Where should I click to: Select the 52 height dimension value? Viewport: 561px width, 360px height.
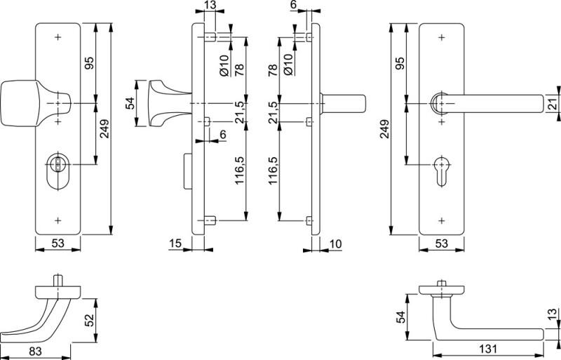[x=90, y=320]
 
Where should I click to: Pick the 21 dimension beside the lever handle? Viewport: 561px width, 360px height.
[x=551, y=105]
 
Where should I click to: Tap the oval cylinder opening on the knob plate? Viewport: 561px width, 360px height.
[x=58, y=169]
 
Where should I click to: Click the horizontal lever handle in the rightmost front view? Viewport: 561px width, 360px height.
[x=491, y=103]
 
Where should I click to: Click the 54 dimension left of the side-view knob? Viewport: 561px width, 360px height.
[x=129, y=104]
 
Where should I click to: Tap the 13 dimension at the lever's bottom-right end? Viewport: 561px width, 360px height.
[x=552, y=313]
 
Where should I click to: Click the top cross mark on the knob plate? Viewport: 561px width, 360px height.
[x=59, y=36]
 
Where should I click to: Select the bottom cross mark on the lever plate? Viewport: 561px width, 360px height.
[x=442, y=220]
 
